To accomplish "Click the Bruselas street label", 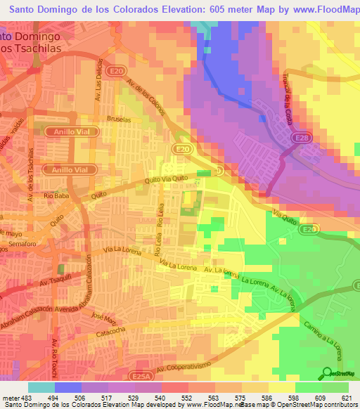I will pyautogui.click(x=120, y=120).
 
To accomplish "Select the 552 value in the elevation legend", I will pyautogui.click(x=187, y=398).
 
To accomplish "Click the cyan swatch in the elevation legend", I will pyautogui.click(x=41, y=387).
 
